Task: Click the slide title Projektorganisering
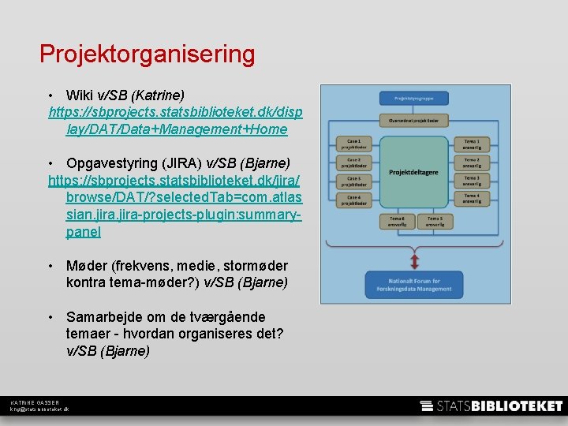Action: coord(148,54)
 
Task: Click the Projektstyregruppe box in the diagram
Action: coord(414,99)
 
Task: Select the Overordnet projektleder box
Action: coord(414,121)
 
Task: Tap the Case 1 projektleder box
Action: coord(353,144)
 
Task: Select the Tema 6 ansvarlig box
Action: coord(396,221)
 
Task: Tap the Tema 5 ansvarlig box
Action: coord(435,221)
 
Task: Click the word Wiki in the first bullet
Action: coord(80,95)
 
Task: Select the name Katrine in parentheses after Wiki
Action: coord(159,95)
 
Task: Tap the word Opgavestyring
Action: coord(112,164)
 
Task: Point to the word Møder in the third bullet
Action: coord(88,266)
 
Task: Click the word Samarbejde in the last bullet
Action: coord(105,317)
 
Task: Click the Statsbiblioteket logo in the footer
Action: coord(491,406)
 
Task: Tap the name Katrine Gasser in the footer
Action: coord(35,403)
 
